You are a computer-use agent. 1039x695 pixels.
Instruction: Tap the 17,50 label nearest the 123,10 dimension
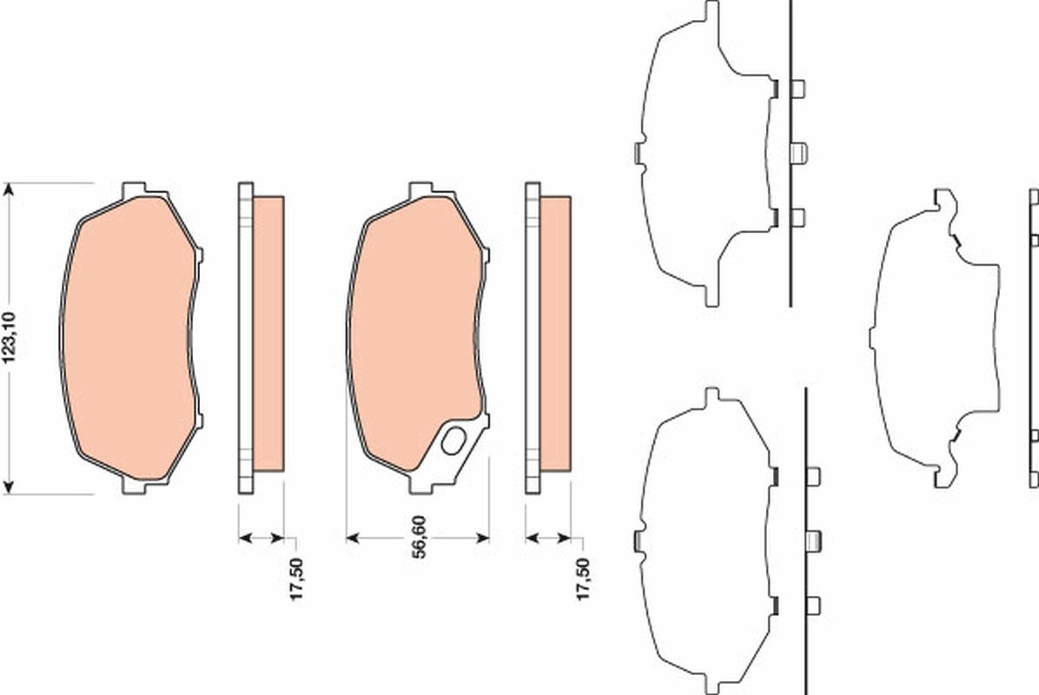tap(296, 580)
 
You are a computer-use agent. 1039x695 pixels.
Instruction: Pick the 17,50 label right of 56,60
tap(584, 579)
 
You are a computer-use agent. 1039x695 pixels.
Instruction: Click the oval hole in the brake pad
tap(453, 442)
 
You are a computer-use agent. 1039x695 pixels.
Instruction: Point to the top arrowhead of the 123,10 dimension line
tap(10, 189)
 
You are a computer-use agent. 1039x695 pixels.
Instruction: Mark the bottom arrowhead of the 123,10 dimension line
tap(10, 487)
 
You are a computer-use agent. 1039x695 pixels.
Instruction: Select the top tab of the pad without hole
tap(134, 189)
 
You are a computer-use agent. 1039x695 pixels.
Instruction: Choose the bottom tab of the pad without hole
tap(134, 486)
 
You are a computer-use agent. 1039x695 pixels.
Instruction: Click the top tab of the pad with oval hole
tap(420, 189)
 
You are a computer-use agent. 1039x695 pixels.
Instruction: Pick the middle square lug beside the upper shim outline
tap(799, 153)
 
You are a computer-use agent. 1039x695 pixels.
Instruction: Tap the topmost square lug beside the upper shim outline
tap(798, 89)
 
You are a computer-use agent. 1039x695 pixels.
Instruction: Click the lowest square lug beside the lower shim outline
tap(813, 606)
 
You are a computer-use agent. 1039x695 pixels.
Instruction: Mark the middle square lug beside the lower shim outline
tap(814, 541)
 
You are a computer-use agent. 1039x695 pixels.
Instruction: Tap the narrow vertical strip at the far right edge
tap(1034, 338)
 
